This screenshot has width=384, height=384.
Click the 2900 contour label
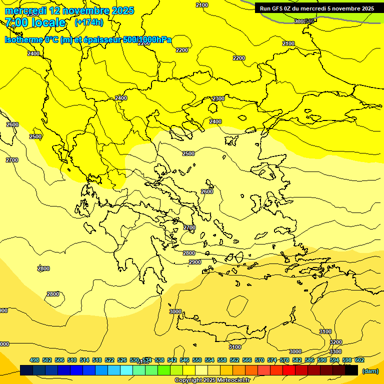(x=195, y=262)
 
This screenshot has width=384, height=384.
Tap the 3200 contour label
(x=336, y=342)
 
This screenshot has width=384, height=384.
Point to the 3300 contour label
(x=335, y=351)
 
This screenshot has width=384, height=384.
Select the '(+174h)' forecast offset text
(x=88, y=22)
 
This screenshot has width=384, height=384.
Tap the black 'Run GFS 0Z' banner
(x=316, y=8)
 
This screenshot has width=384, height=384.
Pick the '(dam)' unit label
(x=369, y=370)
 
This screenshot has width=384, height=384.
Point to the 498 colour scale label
(x=34, y=360)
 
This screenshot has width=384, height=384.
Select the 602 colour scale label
(x=359, y=360)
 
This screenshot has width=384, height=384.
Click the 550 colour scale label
(x=197, y=360)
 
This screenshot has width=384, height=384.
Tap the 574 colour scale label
(x=272, y=360)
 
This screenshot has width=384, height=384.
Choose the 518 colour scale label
(x=97, y=360)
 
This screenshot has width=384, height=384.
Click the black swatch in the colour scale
(x=351, y=370)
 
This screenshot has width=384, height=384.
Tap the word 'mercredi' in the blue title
(x=24, y=10)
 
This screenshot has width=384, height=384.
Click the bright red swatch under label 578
(x=289, y=370)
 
